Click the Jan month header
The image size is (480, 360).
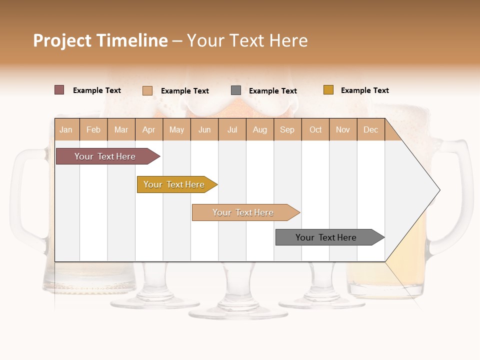pos(66,129)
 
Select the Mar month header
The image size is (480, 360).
pos(121,129)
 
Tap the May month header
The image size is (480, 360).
pos(176,129)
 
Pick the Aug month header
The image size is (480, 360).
pos(259,129)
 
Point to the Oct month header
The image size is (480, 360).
pos(315,129)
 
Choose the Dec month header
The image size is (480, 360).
pos(370,129)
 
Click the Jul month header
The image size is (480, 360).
pos(232,129)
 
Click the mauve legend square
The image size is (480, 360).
pos(59,90)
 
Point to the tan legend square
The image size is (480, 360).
pos(147,90)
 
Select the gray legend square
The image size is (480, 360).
pos(236,90)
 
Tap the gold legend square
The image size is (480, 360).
pos(328,90)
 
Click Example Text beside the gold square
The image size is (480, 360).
pos(364,90)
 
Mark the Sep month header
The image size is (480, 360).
pos(287,129)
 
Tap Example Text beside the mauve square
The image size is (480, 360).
pos(96,90)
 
